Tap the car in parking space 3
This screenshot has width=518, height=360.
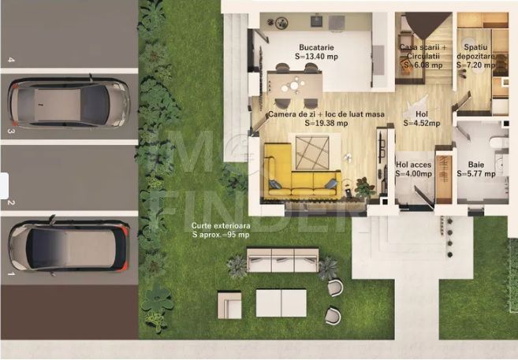click(x=68, y=102)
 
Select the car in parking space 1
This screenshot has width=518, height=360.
click(x=68, y=246)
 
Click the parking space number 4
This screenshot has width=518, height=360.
click(x=11, y=59)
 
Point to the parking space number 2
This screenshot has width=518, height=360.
click(x=11, y=202)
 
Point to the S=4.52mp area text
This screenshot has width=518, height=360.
click(x=422, y=123)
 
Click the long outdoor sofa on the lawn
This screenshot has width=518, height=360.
click(x=282, y=259)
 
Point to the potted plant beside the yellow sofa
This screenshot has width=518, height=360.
click(x=364, y=187)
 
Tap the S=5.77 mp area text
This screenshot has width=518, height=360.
click(x=479, y=173)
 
